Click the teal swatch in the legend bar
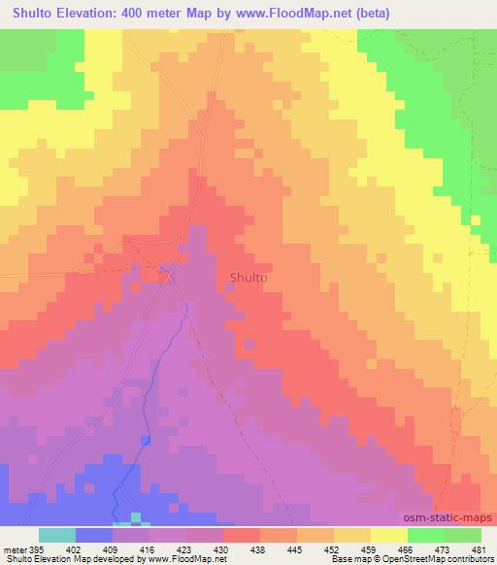[57, 535]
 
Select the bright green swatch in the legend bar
[425, 535]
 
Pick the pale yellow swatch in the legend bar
[388, 535]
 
